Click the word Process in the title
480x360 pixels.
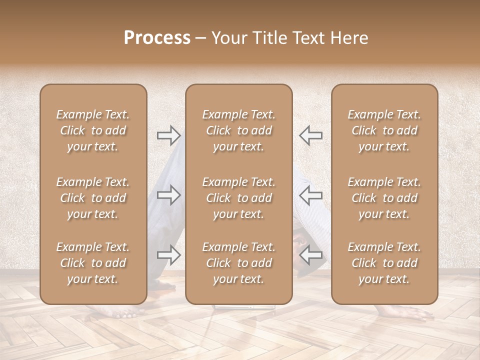click(x=157, y=38)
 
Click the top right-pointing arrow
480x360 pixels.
click(x=169, y=135)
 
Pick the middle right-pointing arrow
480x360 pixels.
click(x=169, y=195)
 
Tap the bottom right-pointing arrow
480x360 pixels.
click(x=169, y=255)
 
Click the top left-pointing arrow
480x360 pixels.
click(x=310, y=135)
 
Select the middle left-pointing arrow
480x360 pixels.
click(x=310, y=195)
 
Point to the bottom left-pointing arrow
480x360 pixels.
click(x=310, y=255)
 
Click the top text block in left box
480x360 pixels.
click(x=93, y=130)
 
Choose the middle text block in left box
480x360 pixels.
click(x=93, y=198)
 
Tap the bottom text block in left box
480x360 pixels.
click(x=93, y=263)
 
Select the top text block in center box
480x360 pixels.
click(x=238, y=130)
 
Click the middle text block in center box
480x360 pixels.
click(x=238, y=198)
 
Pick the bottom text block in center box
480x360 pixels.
click(x=238, y=263)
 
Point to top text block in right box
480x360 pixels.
click(x=384, y=130)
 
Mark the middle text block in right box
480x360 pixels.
click(x=384, y=198)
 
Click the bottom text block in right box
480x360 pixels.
click(x=384, y=263)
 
